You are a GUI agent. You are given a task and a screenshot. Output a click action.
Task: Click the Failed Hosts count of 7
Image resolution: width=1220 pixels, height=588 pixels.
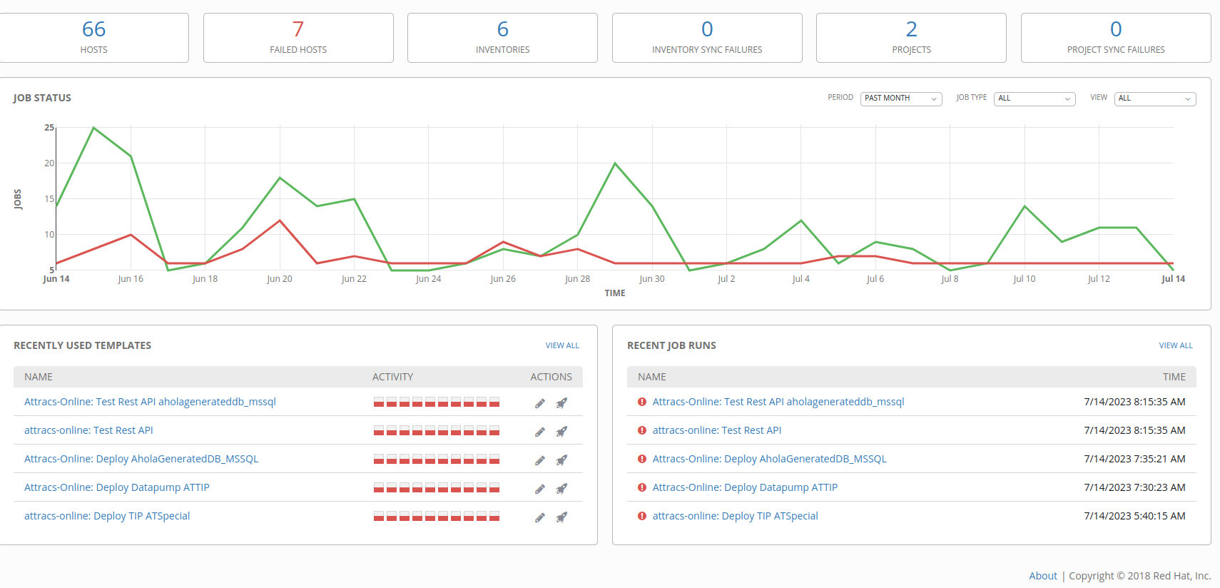[x=298, y=29]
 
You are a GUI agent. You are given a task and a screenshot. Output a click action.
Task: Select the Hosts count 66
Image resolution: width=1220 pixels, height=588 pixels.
[x=93, y=29]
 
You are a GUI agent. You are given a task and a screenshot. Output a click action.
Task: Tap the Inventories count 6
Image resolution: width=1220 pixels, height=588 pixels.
[x=503, y=29]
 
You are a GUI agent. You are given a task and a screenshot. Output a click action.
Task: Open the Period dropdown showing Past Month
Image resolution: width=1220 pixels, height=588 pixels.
[x=901, y=98]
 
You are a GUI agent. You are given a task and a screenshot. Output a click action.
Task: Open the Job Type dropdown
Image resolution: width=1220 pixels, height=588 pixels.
[x=1035, y=98]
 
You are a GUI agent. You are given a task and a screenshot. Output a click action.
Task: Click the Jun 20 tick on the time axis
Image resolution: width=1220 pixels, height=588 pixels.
[x=280, y=278]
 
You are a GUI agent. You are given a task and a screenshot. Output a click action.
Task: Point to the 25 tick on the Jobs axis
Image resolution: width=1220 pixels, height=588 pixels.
[x=49, y=128]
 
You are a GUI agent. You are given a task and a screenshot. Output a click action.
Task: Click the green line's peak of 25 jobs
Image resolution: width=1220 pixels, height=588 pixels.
[x=93, y=128]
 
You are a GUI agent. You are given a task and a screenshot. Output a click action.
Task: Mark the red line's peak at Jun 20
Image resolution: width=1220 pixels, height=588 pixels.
[x=280, y=220]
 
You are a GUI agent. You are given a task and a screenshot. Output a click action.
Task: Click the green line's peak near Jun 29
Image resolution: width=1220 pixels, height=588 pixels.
[x=615, y=163]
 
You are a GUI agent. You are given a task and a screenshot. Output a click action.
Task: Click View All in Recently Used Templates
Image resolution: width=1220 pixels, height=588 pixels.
[x=562, y=345]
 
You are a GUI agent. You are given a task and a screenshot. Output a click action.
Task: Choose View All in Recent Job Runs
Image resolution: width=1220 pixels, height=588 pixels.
[x=1175, y=345]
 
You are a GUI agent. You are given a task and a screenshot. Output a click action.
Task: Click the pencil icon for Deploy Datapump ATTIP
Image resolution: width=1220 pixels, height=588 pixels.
[x=540, y=489]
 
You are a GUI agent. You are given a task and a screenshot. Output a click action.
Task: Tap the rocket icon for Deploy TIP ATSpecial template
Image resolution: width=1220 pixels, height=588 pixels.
[x=561, y=517]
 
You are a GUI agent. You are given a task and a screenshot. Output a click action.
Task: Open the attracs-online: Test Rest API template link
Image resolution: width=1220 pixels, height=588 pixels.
[x=88, y=430]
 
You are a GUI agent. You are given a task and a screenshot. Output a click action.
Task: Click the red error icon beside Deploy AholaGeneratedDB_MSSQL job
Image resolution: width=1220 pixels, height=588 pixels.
[x=641, y=459]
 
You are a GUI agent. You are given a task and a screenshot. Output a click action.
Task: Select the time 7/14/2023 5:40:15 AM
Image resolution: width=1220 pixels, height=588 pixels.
[x=1134, y=515]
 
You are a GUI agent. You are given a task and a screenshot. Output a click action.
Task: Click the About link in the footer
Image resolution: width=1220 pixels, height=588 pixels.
[x=1042, y=575]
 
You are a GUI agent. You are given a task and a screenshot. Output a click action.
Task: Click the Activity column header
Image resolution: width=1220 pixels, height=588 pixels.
[x=392, y=377]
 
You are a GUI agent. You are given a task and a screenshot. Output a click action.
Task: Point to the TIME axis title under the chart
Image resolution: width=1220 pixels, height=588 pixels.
[x=615, y=293]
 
